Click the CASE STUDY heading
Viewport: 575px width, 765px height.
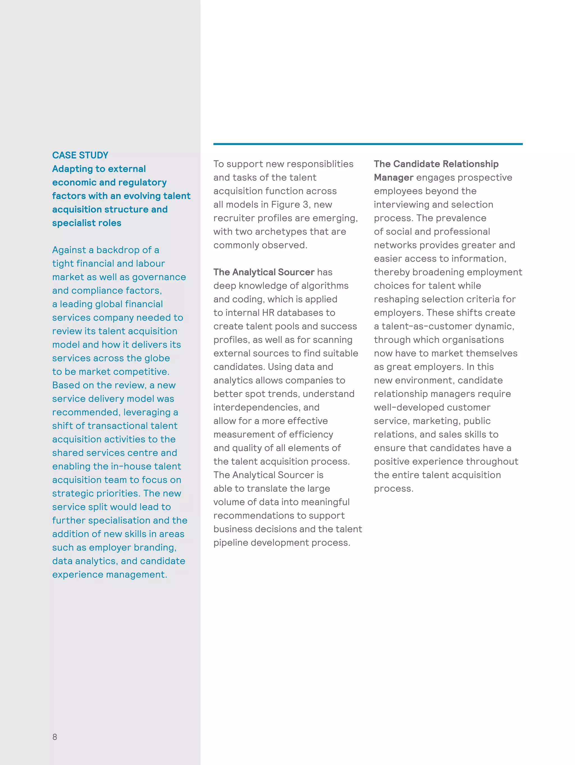[80, 155]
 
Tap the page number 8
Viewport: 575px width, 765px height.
[55, 737]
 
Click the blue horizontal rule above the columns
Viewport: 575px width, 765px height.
[368, 144]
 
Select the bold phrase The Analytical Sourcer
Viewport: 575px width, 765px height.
[264, 272]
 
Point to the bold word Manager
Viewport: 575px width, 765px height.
[393, 177]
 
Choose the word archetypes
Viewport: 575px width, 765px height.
[287, 232]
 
